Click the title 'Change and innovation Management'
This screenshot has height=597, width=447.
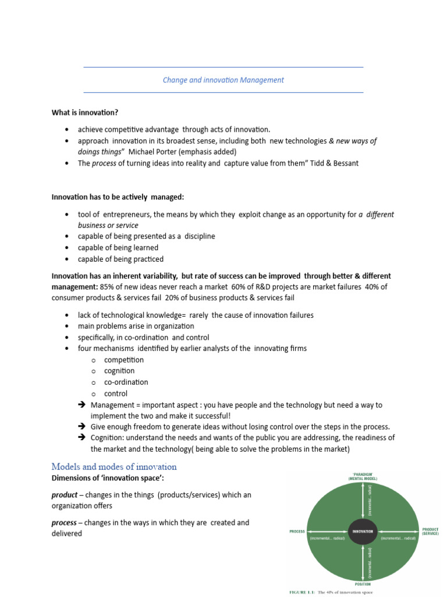pos(223,80)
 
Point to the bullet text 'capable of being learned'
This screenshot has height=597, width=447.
pos(118,248)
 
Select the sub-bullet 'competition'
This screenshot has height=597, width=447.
pos(123,360)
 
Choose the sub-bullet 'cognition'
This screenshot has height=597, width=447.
pos(119,371)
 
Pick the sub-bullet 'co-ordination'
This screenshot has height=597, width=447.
pos(126,382)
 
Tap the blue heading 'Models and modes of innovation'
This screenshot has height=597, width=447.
pos(114,467)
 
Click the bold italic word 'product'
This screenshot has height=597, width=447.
pos(64,495)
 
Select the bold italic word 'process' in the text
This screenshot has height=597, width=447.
pos(64,523)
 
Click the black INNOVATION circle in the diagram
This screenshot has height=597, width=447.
pos(363,531)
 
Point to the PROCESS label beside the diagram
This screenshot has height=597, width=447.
pos(298,532)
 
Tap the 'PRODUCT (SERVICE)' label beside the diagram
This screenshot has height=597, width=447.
pos(430,532)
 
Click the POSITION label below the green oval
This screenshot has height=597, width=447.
pos(363,583)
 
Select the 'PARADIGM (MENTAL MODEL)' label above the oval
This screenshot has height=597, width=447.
pos(363,476)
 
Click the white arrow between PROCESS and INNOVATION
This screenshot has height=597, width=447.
pos(328,531)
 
